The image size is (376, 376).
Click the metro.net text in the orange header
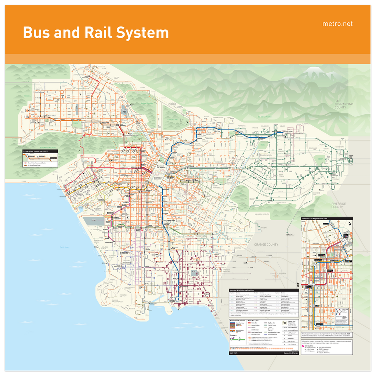click(x=337, y=24)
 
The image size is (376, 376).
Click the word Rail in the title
click(x=99, y=33)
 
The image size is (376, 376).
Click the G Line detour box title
click(x=36, y=151)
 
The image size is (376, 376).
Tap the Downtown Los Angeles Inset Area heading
click(x=314, y=218)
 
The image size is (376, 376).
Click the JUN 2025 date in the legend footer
click(x=234, y=353)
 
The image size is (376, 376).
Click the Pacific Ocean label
click(x=65, y=247)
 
